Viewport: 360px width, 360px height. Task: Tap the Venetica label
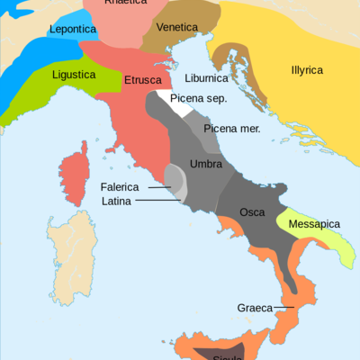(x=176, y=27)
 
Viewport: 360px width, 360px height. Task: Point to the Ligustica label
(x=74, y=75)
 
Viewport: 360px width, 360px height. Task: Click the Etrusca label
(x=142, y=80)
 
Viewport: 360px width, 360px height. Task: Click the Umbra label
(x=206, y=164)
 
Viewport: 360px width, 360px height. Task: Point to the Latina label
(x=116, y=201)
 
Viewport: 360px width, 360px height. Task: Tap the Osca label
(x=252, y=212)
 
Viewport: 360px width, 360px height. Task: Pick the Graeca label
(x=255, y=308)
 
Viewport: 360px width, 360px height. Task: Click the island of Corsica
(x=73, y=176)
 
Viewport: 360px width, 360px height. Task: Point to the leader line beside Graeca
(x=284, y=308)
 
